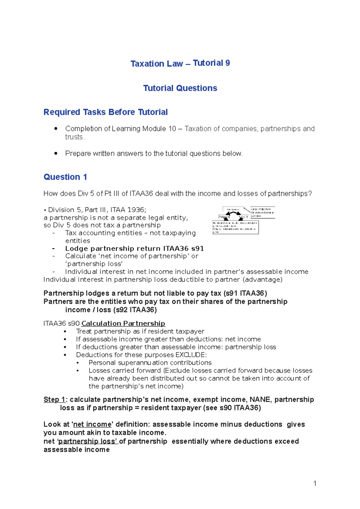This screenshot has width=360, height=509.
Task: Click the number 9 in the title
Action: pyautogui.click(x=228, y=63)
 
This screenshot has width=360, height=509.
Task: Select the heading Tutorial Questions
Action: pyautogui.click(x=180, y=88)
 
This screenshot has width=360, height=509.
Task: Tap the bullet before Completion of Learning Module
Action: pyautogui.click(x=56, y=129)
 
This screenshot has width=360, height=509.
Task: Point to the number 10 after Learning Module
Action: pyautogui.click(x=172, y=129)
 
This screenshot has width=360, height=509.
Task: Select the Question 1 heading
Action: pyautogui.click(x=65, y=177)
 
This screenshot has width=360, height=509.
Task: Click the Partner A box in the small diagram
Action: pyautogui.click(x=224, y=217)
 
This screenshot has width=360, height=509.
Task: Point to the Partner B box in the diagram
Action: pyautogui.click(x=243, y=217)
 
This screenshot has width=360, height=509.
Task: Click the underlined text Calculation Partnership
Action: pyautogui.click(x=123, y=323)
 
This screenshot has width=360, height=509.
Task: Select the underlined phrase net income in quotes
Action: pyautogui.click(x=92, y=424)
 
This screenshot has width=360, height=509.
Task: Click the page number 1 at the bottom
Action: pyautogui.click(x=315, y=483)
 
